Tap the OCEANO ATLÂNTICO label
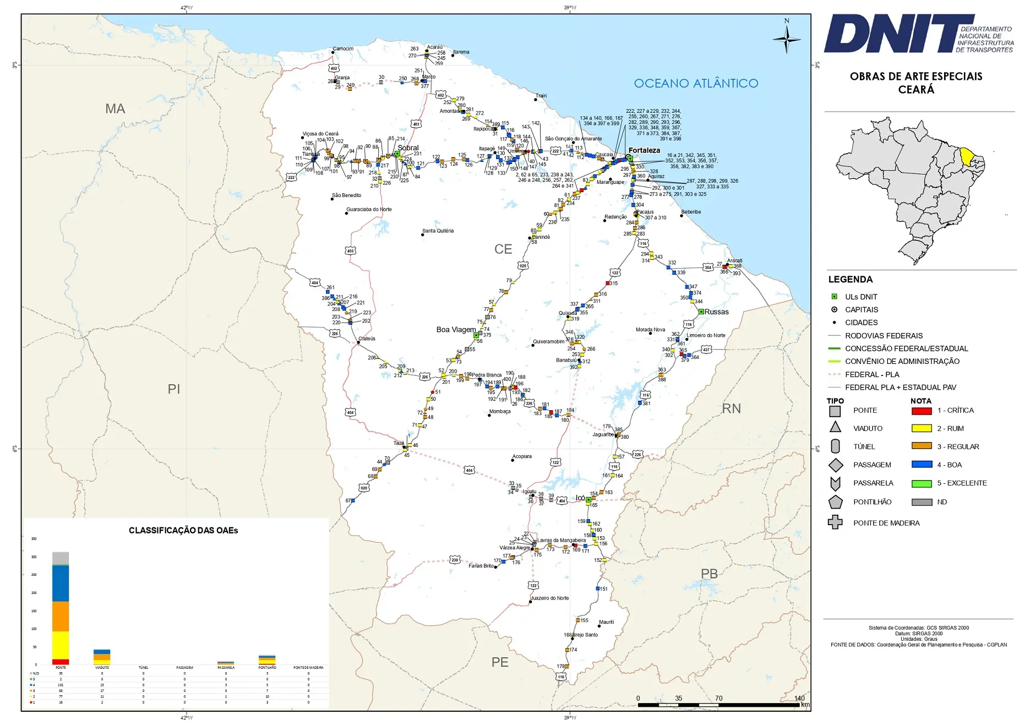(696, 83)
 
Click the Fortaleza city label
(644, 150)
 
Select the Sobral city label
(408, 148)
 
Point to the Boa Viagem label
(456, 329)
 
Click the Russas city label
(717, 312)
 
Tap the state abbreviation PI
(174, 389)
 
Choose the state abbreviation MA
(116, 108)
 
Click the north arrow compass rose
(787, 39)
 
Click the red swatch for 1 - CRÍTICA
(922, 411)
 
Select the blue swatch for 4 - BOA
(922, 465)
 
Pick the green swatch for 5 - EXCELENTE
(922, 483)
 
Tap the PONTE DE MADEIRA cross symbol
(835, 522)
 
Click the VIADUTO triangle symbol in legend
(835, 427)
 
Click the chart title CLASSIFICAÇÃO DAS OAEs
(183, 530)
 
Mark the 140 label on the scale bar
(799, 698)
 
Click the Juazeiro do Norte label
(550, 598)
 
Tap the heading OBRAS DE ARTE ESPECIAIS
(916, 77)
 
